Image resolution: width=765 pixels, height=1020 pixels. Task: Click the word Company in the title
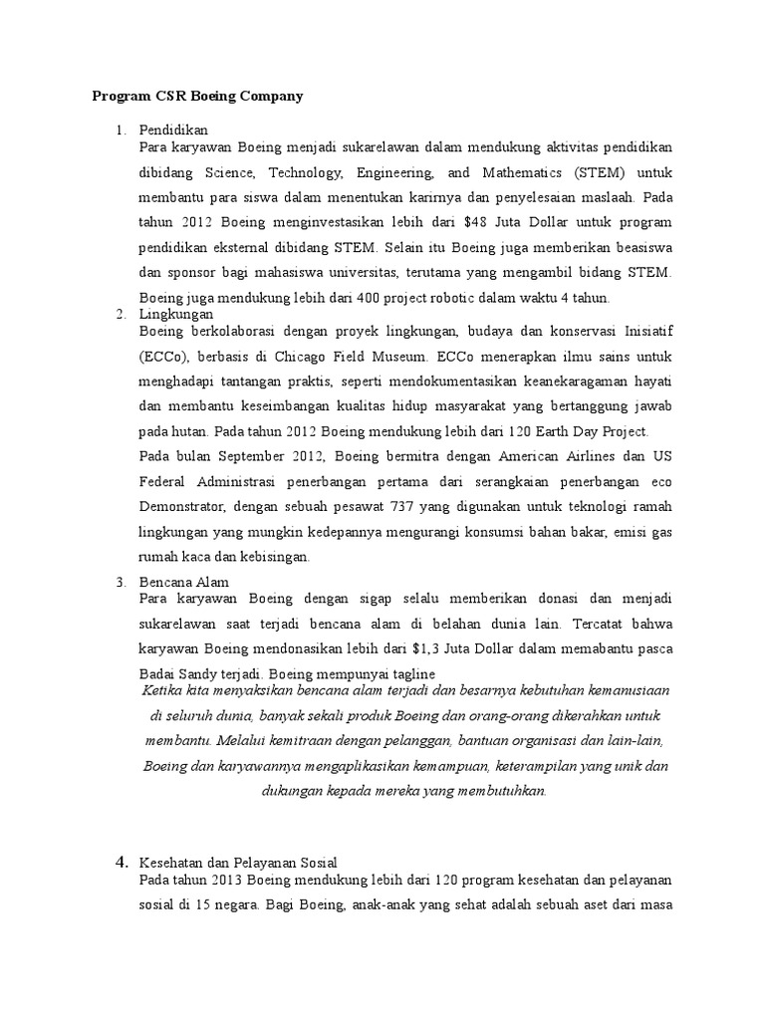266,97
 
